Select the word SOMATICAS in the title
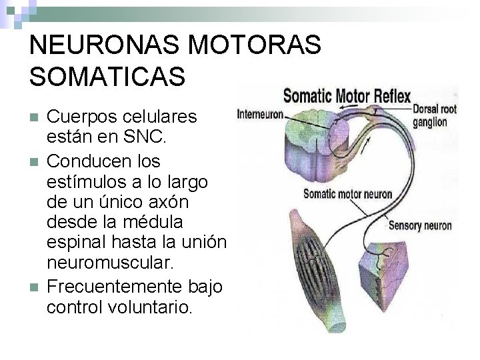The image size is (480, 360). tap(107, 77)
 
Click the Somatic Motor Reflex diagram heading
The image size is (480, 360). tap(347, 96)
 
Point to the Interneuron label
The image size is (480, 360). tap(260, 115)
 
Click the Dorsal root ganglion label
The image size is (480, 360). tap(435, 115)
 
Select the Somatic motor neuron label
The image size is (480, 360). tap(348, 194)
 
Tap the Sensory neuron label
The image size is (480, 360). tap(420, 225)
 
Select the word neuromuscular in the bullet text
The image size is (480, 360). tap(110, 263)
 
